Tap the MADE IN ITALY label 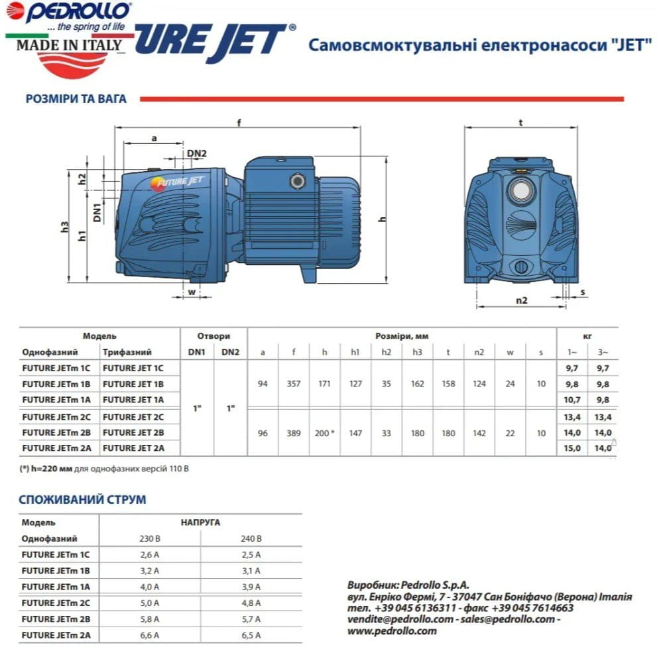click(69, 45)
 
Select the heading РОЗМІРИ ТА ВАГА click(75, 99)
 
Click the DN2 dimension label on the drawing click(197, 154)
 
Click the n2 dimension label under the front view click(522, 300)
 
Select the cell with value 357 click(293, 383)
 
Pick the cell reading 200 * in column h click(324, 433)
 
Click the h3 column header click(417, 352)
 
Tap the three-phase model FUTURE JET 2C click(133, 416)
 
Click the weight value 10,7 click(571, 399)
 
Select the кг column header click(587, 336)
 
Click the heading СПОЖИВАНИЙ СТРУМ click(84, 499)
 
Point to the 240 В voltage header click(250, 538)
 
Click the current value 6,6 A click(151, 635)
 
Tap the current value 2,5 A click(250, 554)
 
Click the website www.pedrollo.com click(392, 631)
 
